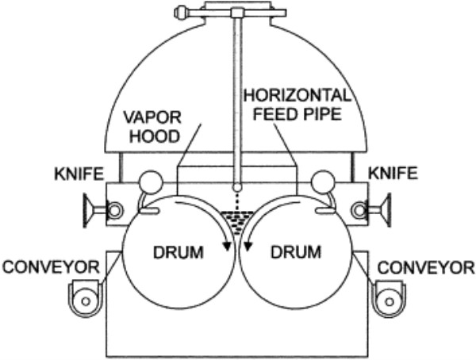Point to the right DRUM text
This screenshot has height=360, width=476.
point(295,254)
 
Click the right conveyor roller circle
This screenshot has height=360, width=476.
point(388,300)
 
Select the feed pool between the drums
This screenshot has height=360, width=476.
point(238,216)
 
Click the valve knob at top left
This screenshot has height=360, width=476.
point(182,13)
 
